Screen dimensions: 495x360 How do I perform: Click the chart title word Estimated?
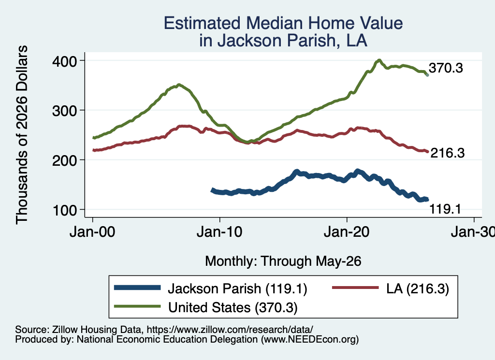coord(203,23)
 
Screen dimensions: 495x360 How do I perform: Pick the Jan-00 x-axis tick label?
coord(92,232)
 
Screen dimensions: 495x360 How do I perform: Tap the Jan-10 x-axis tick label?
coord(219,232)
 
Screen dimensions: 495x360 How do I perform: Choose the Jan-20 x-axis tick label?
coord(347,232)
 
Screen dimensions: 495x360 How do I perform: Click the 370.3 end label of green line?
coord(446,68)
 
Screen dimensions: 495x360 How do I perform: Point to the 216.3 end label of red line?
coord(448,153)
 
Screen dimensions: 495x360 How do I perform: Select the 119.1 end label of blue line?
coord(445,209)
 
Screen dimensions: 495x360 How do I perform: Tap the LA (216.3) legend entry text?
coord(418,288)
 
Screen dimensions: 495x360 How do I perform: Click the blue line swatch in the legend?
coord(137,288)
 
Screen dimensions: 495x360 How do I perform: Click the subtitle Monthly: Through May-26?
coord(283,261)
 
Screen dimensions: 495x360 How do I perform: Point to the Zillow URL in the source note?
coord(230,330)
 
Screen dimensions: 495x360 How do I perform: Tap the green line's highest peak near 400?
coord(379,60)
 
